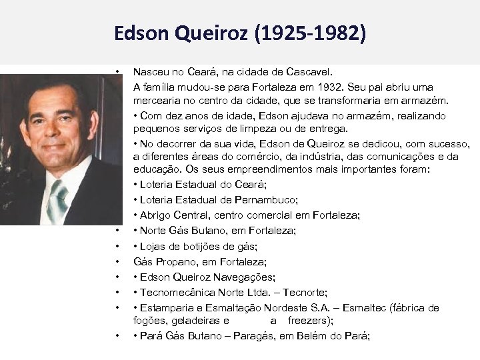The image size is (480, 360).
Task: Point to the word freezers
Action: click(309, 319)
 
